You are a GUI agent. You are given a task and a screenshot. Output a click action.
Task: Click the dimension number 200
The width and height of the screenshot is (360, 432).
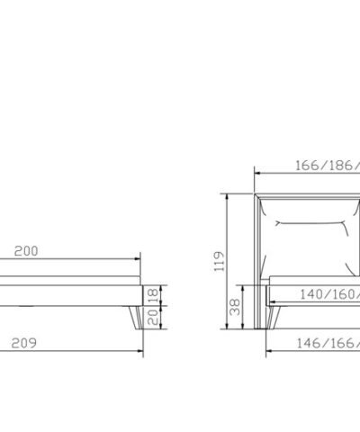[26, 251]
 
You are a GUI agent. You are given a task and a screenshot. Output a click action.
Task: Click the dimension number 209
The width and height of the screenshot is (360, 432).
[24, 343]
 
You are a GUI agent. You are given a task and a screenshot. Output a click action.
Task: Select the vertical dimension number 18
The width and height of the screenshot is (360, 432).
[153, 295]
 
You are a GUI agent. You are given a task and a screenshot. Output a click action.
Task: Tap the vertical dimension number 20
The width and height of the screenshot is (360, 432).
[153, 318]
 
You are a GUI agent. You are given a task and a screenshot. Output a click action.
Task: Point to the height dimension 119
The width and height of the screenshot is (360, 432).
[219, 261]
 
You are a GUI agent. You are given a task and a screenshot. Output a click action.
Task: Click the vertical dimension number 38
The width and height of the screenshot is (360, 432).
[235, 307]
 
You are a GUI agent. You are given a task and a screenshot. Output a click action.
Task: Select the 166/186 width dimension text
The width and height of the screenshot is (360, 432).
[328, 166]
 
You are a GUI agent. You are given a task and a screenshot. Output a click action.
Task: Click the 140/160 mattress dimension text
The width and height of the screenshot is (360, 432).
[330, 294]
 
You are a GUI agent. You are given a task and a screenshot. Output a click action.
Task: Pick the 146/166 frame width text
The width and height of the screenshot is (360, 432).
[328, 343]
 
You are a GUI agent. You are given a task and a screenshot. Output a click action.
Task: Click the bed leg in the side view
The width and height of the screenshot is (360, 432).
[136, 318]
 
